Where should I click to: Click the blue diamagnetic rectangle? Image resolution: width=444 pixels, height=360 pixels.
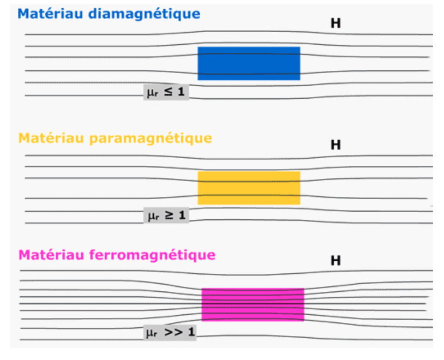249,63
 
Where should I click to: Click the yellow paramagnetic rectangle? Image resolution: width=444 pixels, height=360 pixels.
249,188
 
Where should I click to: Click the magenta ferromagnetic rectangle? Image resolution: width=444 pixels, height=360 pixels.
253,305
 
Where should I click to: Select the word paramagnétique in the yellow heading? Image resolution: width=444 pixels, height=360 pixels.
151,139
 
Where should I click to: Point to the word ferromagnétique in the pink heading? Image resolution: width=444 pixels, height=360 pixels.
152,255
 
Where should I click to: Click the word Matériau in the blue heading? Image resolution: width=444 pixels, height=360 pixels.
50,14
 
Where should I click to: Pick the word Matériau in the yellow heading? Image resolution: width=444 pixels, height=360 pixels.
51,138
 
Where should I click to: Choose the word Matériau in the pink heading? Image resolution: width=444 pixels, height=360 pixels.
51,255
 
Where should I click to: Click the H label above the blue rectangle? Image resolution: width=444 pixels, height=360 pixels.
336,23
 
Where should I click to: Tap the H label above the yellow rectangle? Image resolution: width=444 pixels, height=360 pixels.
336,145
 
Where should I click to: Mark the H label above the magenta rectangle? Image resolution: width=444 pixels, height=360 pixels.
336,261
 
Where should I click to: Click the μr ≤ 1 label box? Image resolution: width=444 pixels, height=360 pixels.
166,92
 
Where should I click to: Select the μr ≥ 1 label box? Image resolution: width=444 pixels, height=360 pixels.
166,215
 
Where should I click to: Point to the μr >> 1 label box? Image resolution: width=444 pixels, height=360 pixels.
170,333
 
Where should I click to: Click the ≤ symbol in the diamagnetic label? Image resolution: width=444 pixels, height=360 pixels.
168,92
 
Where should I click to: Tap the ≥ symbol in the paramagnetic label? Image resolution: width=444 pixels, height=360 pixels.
169,215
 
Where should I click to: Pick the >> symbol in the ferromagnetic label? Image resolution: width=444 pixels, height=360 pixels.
173,332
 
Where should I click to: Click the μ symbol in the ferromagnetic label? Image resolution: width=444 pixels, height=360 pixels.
151,333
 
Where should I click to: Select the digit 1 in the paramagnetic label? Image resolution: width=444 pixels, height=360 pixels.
182,215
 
